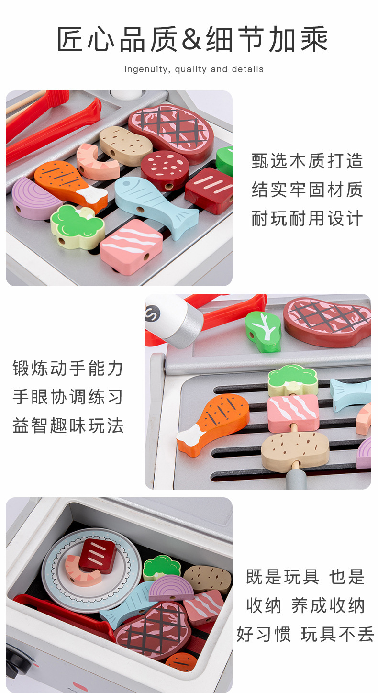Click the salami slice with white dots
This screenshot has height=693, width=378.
[165, 170]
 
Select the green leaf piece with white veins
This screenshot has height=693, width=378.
[263, 331]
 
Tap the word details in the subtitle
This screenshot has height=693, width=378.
[247, 69]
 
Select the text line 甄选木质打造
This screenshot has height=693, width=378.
[307, 161]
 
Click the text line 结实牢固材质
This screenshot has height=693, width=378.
[307, 190]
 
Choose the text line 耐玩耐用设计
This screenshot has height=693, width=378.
[307, 219]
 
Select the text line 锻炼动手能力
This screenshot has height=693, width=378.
[68, 369]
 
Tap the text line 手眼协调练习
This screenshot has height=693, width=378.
[68, 397]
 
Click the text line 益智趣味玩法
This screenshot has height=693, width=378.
[68, 426]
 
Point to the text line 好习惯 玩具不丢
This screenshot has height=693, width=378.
[305, 634]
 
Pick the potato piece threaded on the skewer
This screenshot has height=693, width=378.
[295, 449]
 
